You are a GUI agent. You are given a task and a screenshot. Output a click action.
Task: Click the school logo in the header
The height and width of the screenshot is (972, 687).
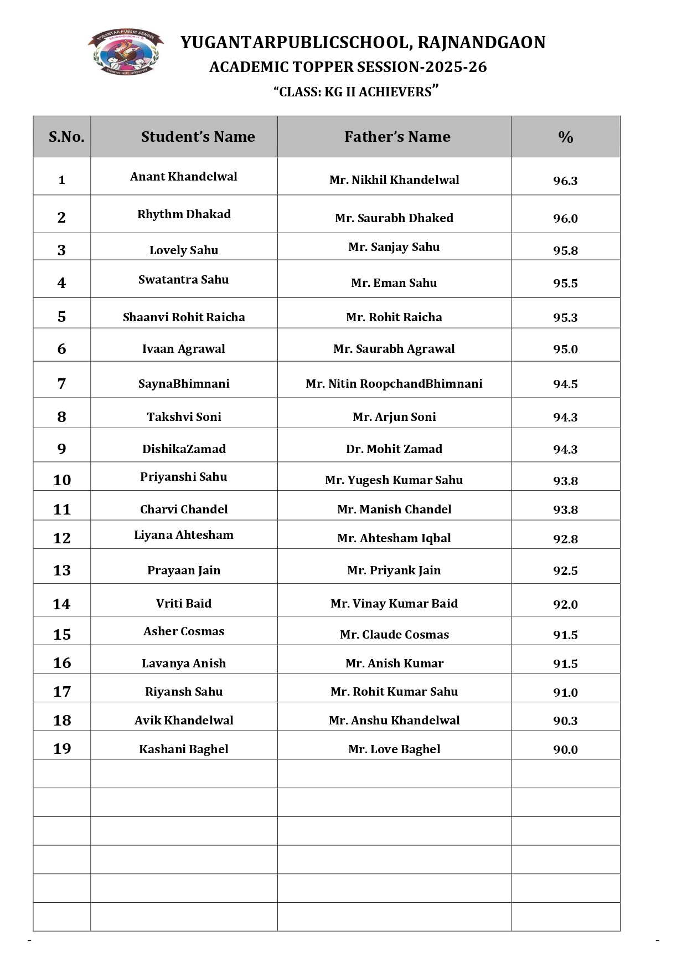(126, 52)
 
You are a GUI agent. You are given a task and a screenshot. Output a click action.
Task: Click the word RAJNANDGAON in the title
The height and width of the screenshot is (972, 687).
(481, 43)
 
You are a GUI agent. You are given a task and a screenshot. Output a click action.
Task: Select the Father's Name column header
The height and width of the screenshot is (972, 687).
(397, 137)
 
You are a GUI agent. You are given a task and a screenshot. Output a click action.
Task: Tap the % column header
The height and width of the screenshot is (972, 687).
(565, 137)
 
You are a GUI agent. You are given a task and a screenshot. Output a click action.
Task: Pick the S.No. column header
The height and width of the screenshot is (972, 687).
(66, 137)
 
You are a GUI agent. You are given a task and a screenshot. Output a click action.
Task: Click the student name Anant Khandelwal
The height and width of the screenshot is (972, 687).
(184, 177)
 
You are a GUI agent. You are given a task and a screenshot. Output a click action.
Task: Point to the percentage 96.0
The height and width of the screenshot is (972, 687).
(565, 218)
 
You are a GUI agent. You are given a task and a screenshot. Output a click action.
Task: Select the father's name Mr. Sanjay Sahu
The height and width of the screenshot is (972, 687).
(394, 247)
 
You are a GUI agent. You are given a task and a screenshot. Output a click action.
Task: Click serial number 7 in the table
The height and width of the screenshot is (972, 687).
(62, 383)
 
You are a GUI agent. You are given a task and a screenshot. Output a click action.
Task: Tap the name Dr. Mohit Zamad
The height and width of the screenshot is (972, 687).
(394, 449)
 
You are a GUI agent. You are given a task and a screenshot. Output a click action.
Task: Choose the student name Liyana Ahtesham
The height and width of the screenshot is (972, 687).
(184, 535)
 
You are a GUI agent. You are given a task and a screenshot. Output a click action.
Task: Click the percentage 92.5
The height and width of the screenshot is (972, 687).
(565, 570)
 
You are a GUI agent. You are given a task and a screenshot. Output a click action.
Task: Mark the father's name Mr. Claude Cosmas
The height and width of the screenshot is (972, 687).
(394, 635)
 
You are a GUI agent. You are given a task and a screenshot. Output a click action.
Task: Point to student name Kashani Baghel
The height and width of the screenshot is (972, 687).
(184, 749)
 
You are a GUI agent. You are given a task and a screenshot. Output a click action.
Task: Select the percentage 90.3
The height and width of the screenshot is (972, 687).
(565, 721)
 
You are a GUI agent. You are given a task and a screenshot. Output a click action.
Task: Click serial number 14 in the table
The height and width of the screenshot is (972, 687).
(62, 604)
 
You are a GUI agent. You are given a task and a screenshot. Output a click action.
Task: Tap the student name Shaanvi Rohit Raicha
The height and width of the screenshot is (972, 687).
(184, 317)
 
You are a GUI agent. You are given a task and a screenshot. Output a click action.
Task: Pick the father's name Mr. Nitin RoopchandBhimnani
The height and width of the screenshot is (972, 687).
(394, 384)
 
